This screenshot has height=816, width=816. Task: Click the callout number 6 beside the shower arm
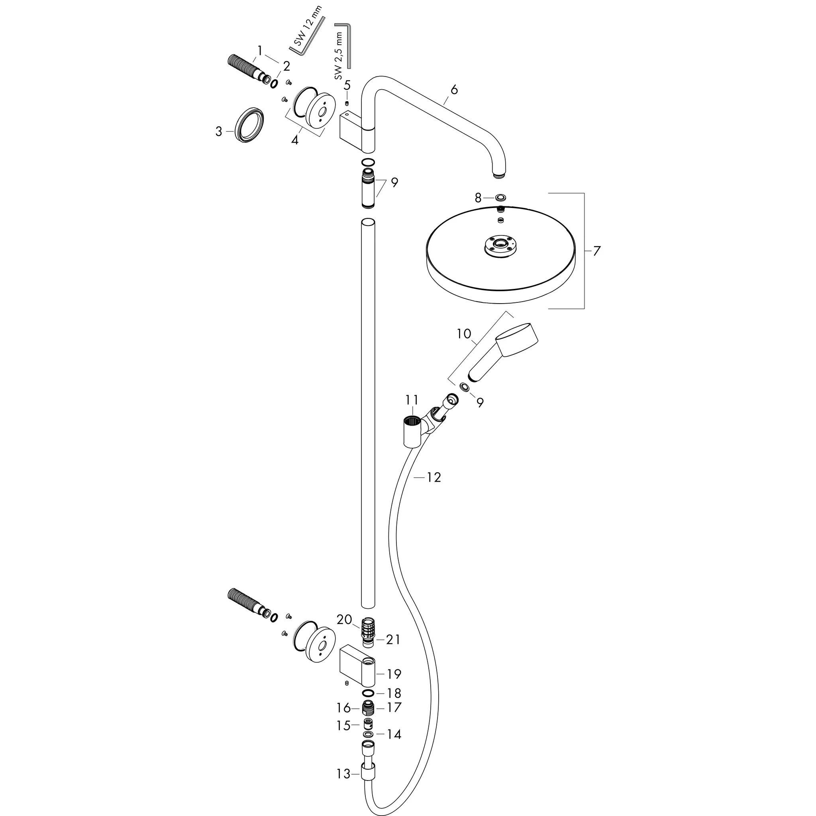click(454, 90)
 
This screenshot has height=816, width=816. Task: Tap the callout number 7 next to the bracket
click(596, 251)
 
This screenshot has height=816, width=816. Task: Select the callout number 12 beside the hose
click(433, 477)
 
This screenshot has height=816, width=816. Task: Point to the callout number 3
click(218, 132)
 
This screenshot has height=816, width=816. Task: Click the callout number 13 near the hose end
click(343, 786)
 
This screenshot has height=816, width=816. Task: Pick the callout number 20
click(344, 620)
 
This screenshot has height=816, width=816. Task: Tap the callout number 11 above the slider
click(412, 400)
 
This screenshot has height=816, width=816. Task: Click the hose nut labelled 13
click(368, 786)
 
